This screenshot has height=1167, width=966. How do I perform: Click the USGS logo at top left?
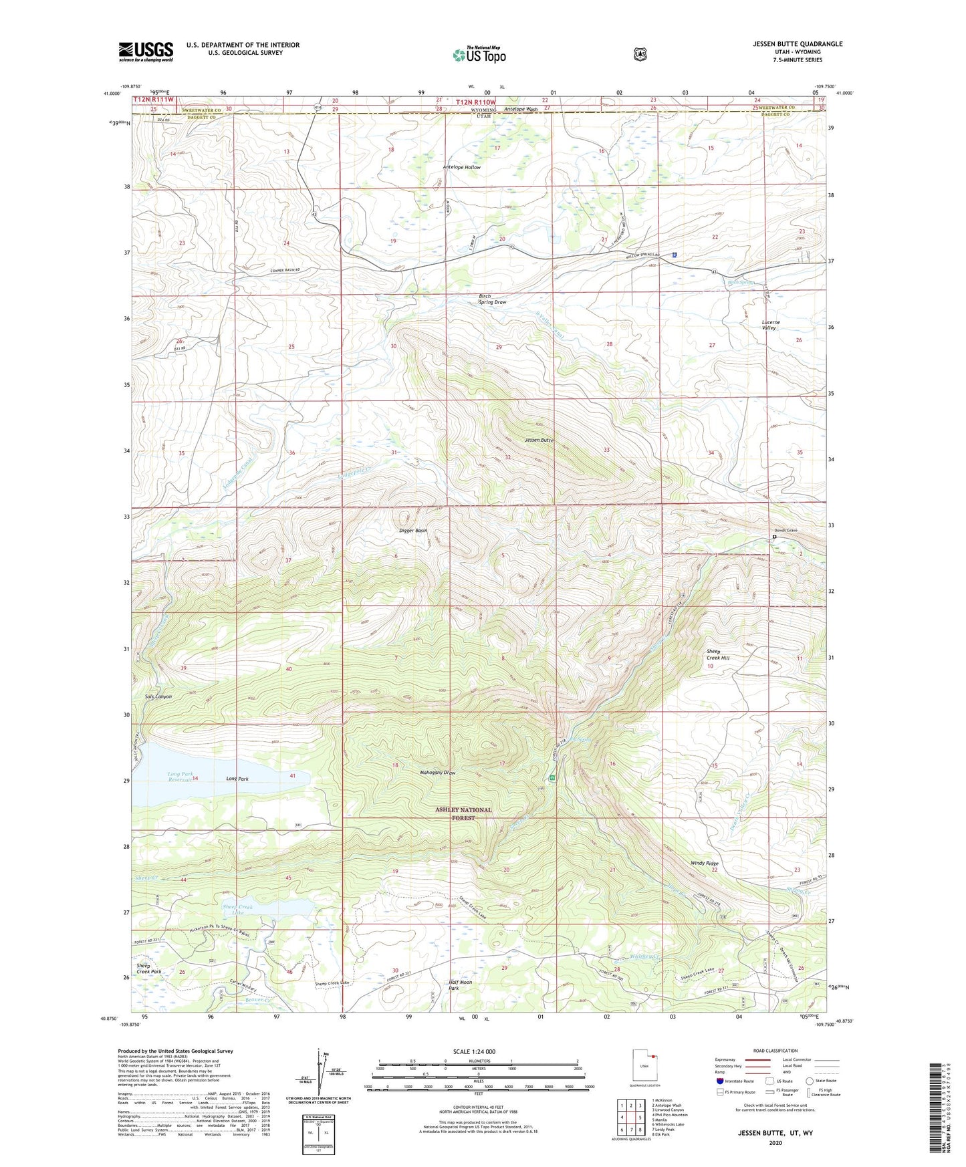(146, 51)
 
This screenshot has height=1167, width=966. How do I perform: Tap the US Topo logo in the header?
(479, 55)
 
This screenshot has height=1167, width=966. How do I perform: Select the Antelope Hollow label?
(461, 167)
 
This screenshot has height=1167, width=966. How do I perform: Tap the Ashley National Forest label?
(463, 813)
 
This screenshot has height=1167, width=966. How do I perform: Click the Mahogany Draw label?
(438, 773)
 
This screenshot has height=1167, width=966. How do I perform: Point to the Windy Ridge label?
(705, 864)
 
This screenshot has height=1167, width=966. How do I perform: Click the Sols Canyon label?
(158, 696)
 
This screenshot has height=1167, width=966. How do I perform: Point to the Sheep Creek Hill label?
(718, 654)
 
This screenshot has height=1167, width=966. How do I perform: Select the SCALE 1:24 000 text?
(474, 1051)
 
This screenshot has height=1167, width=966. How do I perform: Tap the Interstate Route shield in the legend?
(719, 1080)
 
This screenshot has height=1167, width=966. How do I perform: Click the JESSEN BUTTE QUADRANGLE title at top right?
(797, 44)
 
